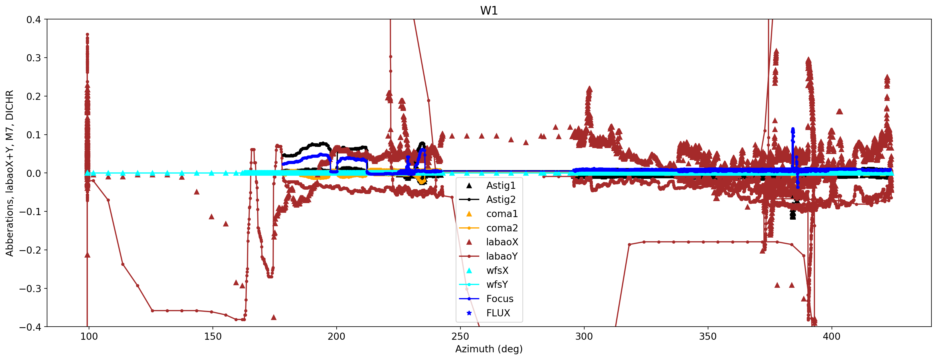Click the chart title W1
(489, 11)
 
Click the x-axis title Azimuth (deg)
(489, 349)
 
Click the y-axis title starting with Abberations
(9, 173)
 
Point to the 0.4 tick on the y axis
(33, 20)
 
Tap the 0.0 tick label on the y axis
(33, 173)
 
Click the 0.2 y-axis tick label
(33, 96)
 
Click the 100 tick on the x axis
(89, 336)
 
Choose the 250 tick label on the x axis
(460, 336)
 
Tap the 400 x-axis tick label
(832, 336)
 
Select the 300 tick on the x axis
(584, 336)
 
